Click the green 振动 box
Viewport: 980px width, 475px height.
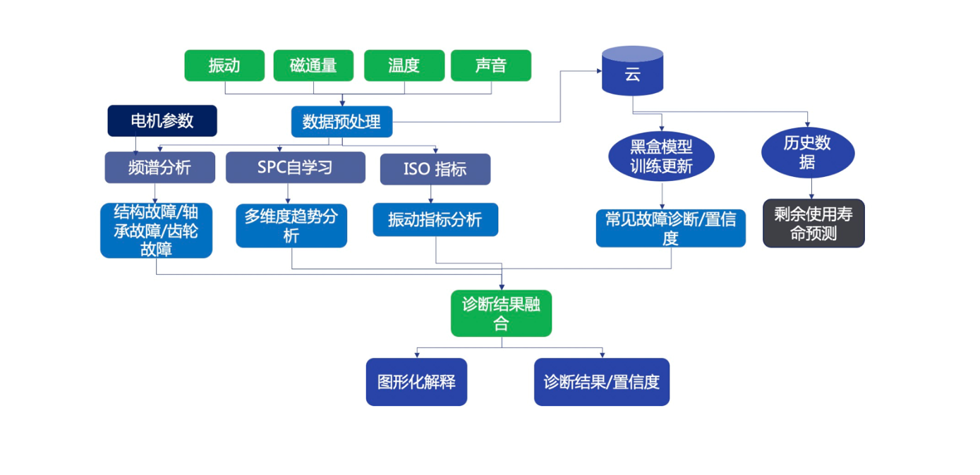(x=224, y=66)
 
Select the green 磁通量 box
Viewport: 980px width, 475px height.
(x=313, y=66)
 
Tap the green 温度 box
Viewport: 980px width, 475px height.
(x=404, y=66)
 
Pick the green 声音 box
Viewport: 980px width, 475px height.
(x=491, y=66)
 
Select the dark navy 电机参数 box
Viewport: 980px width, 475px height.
(x=162, y=121)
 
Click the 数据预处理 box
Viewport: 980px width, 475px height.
(x=341, y=121)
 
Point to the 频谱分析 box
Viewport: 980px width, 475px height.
(x=159, y=168)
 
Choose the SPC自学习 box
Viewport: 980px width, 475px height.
(x=295, y=168)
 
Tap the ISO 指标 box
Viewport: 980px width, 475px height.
(x=435, y=169)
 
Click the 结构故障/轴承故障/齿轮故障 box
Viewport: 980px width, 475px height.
(x=156, y=230)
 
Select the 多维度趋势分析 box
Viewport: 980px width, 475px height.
(x=291, y=226)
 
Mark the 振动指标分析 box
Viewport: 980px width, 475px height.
(x=435, y=220)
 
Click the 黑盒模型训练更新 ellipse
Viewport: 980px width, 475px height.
(x=661, y=156)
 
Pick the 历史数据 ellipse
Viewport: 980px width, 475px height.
(x=808, y=152)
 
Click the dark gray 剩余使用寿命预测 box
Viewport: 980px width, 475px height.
(x=813, y=223)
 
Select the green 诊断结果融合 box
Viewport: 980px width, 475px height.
(x=501, y=314)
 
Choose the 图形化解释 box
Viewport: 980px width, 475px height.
(x=416, y=382)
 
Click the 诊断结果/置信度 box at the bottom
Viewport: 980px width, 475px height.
(x=601, y=382)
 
